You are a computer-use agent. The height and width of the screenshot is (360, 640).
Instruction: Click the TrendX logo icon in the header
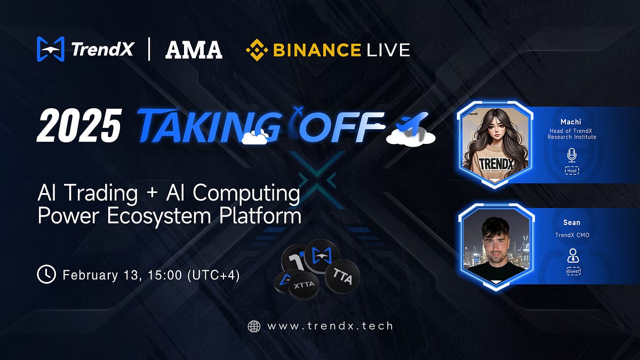tap(51, 49)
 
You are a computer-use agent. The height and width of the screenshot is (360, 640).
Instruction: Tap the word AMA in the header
tap(194, 50)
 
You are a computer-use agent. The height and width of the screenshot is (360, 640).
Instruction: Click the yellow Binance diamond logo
tap(257, 50)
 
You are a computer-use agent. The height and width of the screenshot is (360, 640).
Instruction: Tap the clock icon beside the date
tap(46, 275)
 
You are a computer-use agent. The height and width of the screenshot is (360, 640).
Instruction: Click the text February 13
tap(98, 275)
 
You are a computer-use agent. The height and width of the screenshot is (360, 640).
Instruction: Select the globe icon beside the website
tap(254, 326)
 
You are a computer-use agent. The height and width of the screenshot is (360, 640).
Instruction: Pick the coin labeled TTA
tap(342, 275)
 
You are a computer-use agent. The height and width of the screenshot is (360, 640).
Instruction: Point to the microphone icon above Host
tap(572, 156)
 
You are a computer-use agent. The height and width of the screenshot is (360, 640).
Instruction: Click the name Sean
tap(572, 222)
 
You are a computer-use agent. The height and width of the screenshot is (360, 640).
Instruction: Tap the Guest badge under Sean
tap(574, 271)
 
